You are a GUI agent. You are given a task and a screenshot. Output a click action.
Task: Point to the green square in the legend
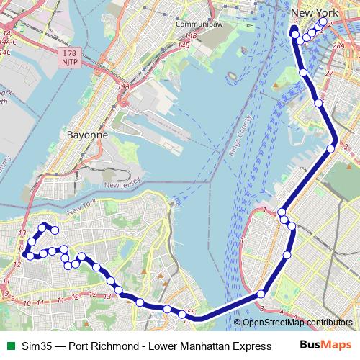tap(9, 346)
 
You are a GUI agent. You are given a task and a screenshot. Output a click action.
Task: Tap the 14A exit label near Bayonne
tap(124, 86)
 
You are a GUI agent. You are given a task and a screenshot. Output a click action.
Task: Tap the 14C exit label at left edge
tap(5, 52)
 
